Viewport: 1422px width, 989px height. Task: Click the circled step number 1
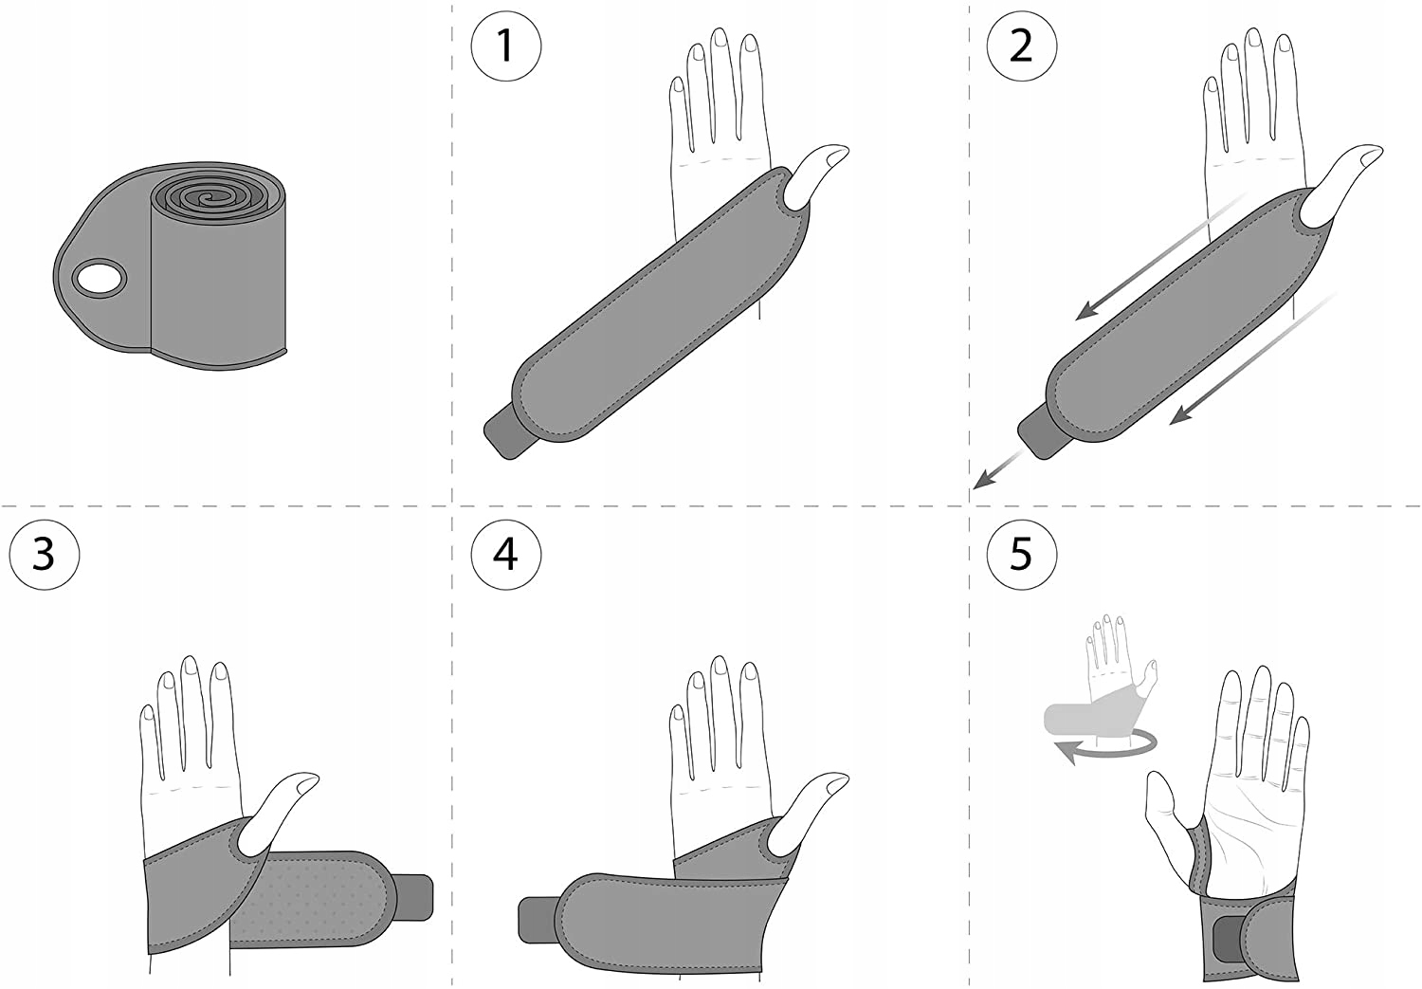point(506,46)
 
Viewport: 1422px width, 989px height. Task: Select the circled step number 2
point(1021,46)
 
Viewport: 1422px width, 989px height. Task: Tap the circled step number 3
point(44,554)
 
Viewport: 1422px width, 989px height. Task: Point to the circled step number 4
point(506,554)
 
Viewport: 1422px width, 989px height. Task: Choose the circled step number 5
point(1021,554)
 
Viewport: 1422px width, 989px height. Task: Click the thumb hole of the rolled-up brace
point(99,279)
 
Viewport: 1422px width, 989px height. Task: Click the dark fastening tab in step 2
point(1040,431)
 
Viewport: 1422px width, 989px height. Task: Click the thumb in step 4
point(808,814)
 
